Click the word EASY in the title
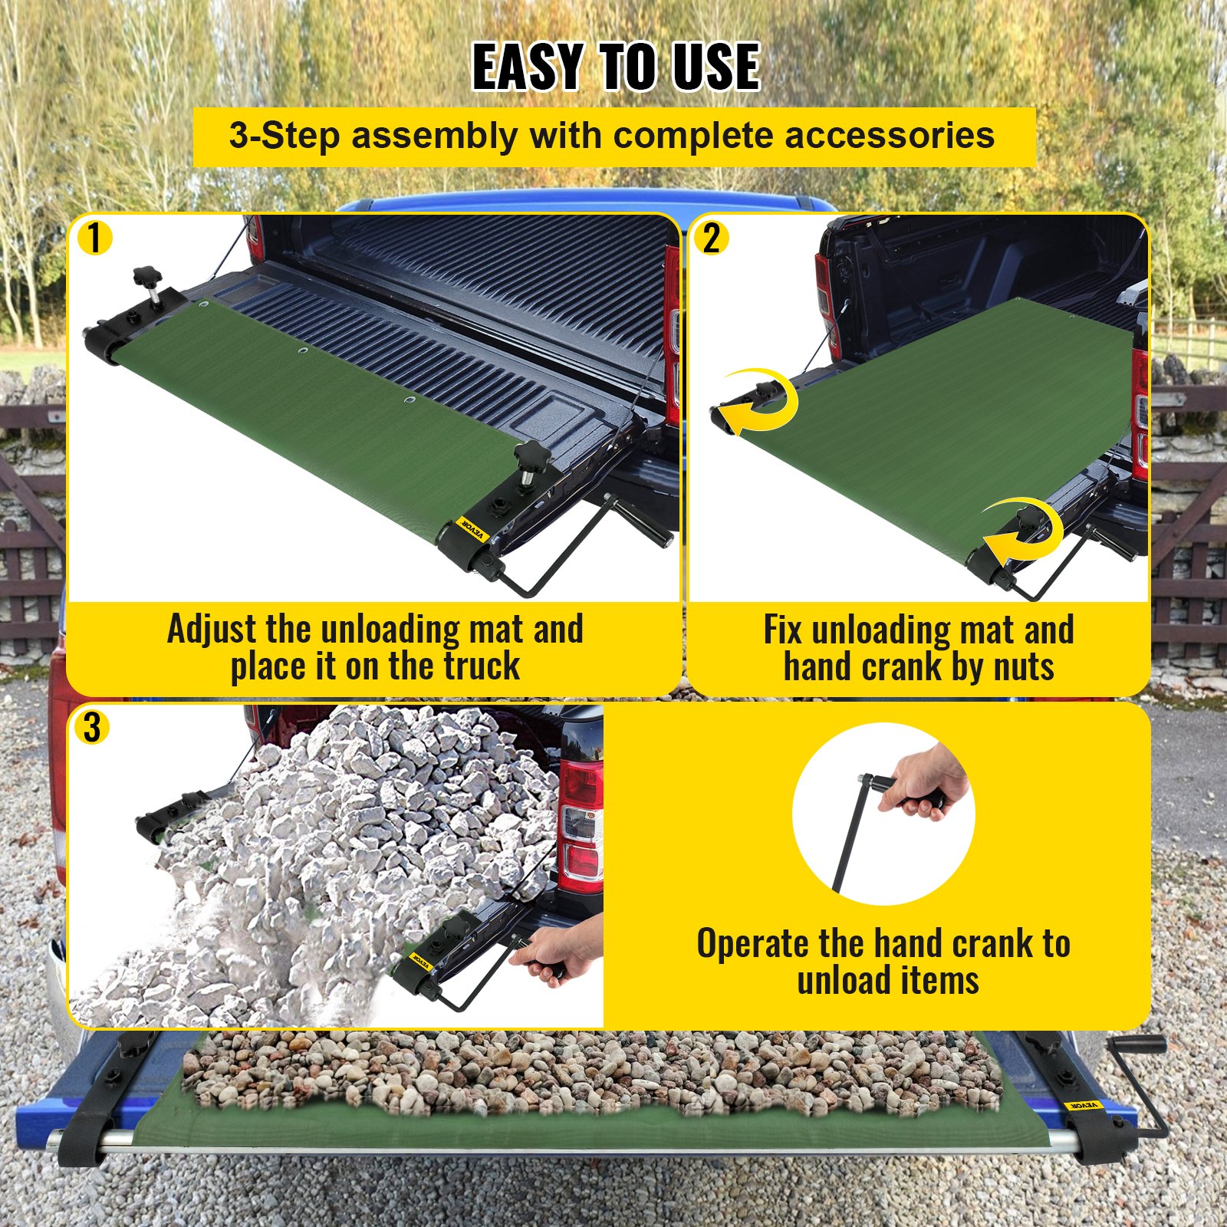pos(528,67)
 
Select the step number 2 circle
pos(711,238)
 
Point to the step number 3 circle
pos(92,727)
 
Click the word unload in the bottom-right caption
pos(840,981)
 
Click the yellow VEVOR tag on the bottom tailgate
pos(1083,1105)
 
